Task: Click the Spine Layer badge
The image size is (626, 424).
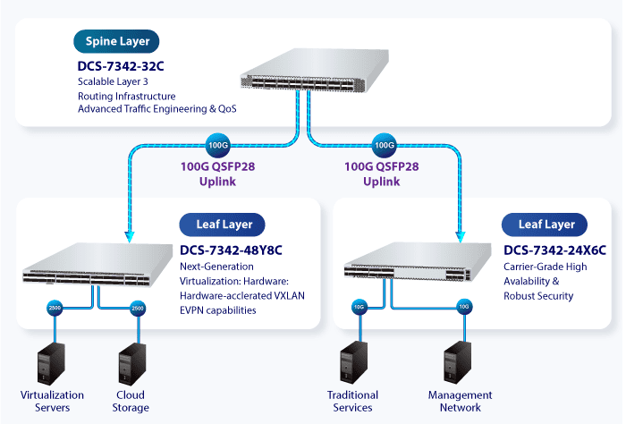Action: click(x=117, y=41)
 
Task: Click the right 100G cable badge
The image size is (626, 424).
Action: click(x=385, y=145)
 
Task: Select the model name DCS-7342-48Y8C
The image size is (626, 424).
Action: click(x=232, y=248)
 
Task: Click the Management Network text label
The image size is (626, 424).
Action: click(x=460, y=401)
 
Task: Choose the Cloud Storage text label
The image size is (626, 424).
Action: click(x=131, y=401)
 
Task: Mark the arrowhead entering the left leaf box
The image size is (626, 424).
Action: click(x=128, y=236)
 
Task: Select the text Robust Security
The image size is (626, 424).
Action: click(x=538, y=296)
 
